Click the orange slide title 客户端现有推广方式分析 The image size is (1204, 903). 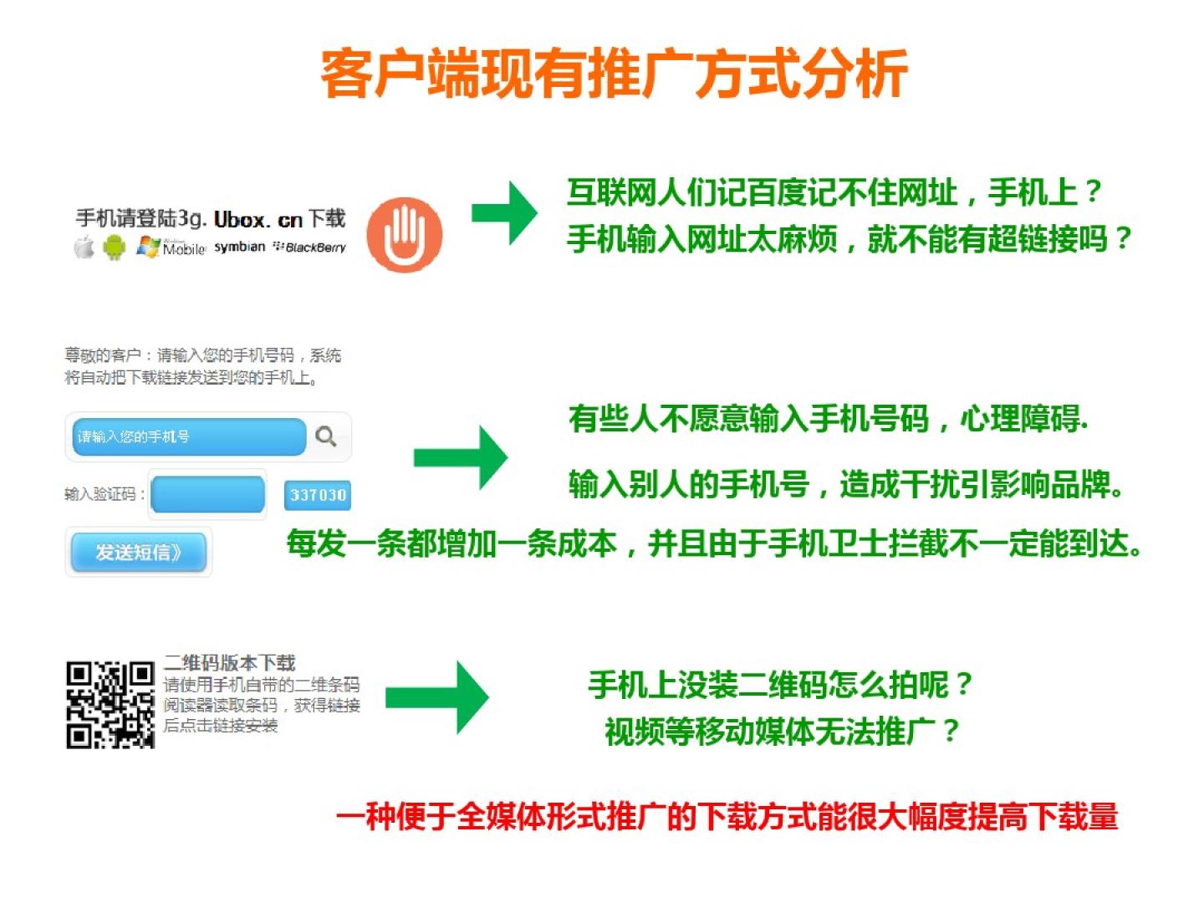613,74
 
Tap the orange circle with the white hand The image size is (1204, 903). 404,235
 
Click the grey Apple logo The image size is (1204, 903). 84,247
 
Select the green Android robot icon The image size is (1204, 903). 114,247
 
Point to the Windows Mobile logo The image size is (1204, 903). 171,247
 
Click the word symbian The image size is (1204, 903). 240,247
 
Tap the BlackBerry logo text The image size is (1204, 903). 310,247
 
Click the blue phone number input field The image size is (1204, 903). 189,437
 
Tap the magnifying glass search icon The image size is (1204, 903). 326,436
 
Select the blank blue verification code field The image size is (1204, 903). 208,494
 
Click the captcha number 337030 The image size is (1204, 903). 318,495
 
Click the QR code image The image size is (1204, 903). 110,705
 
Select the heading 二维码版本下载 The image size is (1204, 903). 229,663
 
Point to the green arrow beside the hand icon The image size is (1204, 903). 505,212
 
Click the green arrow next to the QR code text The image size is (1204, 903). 437,697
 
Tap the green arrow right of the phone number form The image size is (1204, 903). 461,457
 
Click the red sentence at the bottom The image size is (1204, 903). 727,816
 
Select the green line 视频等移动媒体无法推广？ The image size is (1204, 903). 783,732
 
